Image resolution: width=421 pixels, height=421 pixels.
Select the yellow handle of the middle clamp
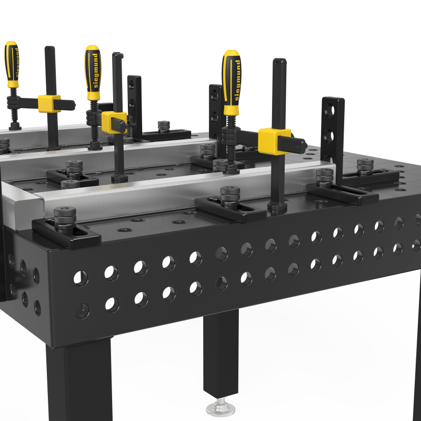tap(92, 71)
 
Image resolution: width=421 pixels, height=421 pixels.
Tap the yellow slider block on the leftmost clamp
tap(49, 103)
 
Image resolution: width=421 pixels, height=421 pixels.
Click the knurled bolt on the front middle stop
tap(229, 196)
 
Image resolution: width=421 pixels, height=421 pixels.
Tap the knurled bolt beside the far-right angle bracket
tap(365, 165)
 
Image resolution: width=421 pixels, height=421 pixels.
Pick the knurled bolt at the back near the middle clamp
tap(164, 126)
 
